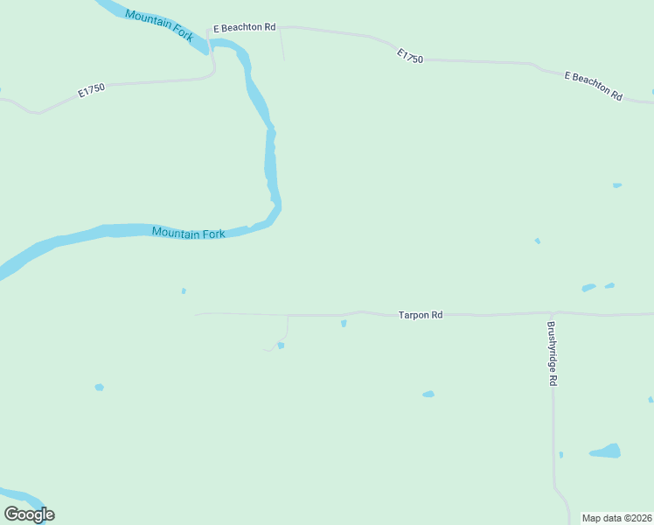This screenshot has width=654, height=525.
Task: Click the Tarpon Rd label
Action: point(421,314)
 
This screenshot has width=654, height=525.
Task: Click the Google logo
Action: point(29,514)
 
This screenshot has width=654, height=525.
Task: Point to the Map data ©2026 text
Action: point(617,518)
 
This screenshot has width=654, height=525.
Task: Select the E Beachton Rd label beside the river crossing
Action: point(245,28)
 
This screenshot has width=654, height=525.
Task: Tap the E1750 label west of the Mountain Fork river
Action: point(91,91)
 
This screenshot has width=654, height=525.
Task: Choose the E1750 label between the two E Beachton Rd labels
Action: point(409,56)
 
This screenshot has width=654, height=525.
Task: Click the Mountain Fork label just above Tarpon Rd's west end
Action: point(188,233)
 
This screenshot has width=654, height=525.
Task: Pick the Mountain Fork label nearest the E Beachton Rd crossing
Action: point(159,21)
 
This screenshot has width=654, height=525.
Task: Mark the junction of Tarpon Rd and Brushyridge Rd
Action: point(552,312)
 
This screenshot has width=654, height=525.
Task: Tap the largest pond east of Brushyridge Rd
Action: point(605,451)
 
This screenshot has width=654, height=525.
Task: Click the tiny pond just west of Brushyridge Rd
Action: point(560,454)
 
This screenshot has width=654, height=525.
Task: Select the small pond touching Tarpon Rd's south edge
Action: point(344,323)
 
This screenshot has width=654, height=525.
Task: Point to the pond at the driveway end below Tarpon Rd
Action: point(281,345)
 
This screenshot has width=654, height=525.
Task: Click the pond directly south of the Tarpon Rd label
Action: point(428,395)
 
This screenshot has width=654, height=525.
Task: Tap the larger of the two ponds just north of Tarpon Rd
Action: point(588,287)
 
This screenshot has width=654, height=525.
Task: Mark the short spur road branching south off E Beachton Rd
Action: point(282,45)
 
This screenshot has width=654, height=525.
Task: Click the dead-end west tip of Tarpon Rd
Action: point(196,313)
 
